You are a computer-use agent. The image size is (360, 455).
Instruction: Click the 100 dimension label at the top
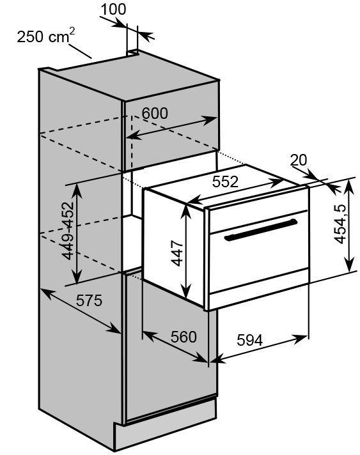click(x=114, y=9)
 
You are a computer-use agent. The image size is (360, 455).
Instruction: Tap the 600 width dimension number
click(x=155, y=113)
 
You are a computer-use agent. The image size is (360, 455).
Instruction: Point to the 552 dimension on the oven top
click(x=225, y=181)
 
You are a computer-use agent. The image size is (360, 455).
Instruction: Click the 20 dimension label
click(x=299, y=160)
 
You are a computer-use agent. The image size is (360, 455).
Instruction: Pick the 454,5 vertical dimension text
click(x=340, y=224)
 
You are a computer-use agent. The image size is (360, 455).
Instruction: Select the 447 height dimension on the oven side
click(x=177, y=253)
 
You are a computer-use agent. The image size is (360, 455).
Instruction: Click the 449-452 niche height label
click(x=68, y=231)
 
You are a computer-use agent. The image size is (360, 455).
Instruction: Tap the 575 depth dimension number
click(x=89, y=300)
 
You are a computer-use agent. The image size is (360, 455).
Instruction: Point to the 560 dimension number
click(x=184, y=337)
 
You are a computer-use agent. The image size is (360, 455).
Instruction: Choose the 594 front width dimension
click(x=249, y=340)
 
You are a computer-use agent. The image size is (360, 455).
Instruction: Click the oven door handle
click(x=261, y=230)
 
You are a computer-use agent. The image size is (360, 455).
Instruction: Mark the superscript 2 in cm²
click(x=72, y=31)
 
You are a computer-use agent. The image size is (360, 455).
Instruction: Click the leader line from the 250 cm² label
click(x=80, y=51)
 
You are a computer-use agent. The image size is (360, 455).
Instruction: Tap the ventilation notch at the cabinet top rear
click(x=132, y=53)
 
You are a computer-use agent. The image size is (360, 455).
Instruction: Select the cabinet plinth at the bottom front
click(x=166, y=424)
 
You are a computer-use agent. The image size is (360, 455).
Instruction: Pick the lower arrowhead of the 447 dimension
click(x=186, y=291)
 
